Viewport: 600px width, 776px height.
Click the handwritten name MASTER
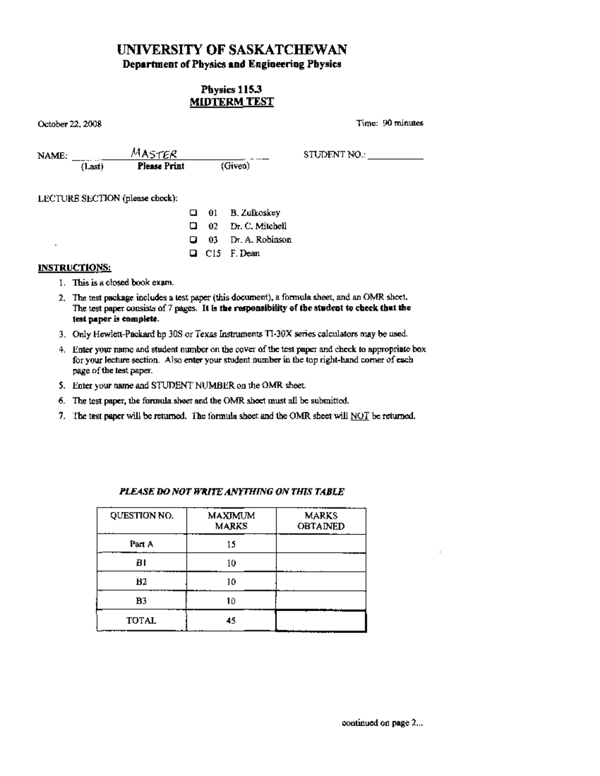[154, 153]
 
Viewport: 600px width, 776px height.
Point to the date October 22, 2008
[70, 124]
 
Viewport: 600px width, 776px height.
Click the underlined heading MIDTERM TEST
[231, 102]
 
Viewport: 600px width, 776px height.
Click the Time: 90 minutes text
[389, 123]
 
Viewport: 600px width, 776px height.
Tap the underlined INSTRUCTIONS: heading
[74, 267]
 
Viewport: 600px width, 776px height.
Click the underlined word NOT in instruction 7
[359, 416]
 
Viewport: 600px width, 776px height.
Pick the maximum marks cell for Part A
[231, 544]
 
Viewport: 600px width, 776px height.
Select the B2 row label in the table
[141, 582]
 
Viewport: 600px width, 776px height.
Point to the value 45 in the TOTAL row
[231, 621]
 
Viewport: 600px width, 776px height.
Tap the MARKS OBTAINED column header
[321, 521]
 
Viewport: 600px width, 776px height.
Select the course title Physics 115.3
[231, 89]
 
